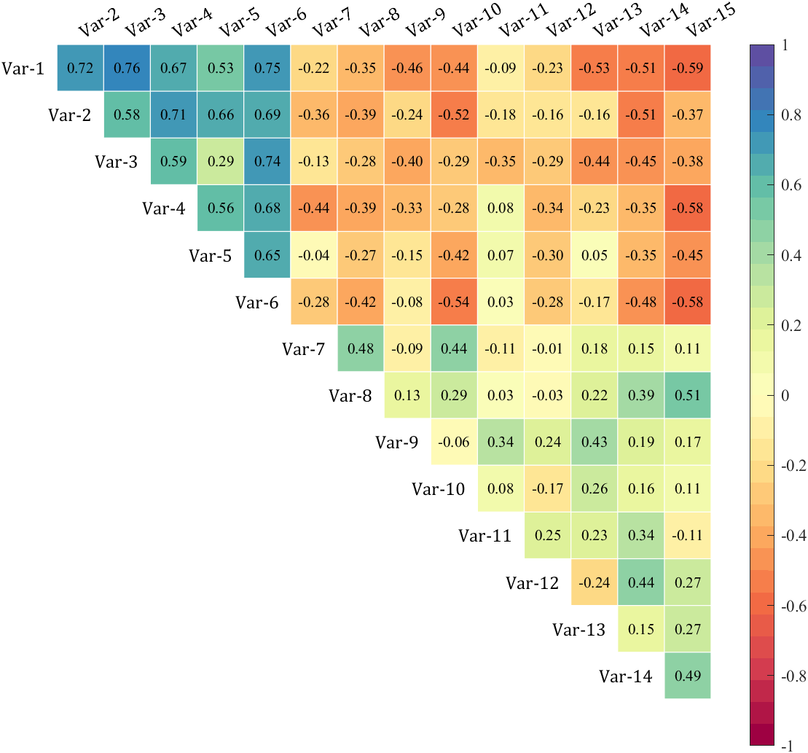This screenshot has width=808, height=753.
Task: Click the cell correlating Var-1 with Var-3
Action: click(x=128, y=68)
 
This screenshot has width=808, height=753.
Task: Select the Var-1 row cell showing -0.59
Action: click(x=688, y=68)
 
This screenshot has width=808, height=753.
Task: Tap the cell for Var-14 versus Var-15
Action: click(x=688, y=676)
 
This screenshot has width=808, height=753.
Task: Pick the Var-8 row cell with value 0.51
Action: click(x=688, y=395)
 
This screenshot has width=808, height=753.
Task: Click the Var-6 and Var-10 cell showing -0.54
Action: click(x=454, y=302)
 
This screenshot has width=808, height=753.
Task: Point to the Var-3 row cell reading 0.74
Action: click(x=267, y=161)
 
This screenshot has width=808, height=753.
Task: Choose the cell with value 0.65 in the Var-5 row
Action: click(x=267, y=255)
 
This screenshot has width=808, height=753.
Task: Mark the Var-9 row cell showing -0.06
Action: click(x=454, y=442)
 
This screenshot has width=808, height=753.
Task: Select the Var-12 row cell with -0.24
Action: click(x=594, y=582)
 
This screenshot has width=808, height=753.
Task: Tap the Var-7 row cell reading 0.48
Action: click(x=361, y=348)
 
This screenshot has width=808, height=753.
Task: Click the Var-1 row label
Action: click(x=23, y=69)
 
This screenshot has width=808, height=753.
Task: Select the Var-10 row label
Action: click(x=439, y=489)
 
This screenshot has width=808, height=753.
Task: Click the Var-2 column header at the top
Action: click(x=99, y=23)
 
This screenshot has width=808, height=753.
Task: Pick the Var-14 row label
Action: click(x=626, y=676)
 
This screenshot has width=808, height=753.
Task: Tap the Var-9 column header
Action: click(x=425, y=23)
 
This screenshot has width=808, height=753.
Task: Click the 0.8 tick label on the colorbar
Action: click(x=791, y=115)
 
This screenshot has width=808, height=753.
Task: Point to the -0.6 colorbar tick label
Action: click(x=793, y=606)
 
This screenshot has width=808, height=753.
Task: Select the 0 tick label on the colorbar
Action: click(x=785, y=396)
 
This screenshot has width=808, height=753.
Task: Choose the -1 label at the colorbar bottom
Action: click(x=787, y=746)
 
